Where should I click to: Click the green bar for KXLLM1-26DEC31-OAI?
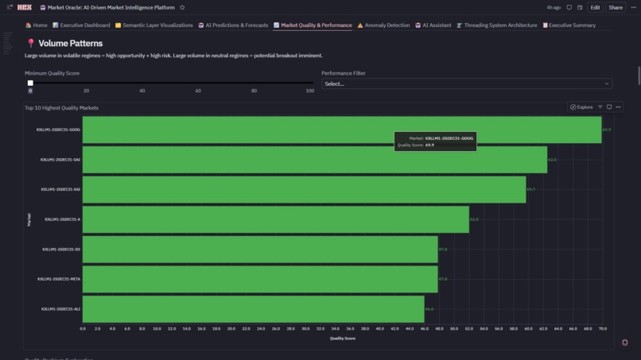(314, 160)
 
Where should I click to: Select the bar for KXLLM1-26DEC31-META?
(260, 279)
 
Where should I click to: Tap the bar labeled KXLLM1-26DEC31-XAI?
(304, 189)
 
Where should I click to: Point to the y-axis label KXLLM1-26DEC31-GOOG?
(58, 130)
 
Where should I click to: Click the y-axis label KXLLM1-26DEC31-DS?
(61, 250)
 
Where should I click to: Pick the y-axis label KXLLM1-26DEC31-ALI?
(60, 309)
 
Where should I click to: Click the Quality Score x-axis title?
(343, 339)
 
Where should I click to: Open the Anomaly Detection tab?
(383, 25)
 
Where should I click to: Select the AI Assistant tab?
(433, 25)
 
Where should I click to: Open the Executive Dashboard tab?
(81, 25)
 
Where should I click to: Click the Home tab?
(37, 25)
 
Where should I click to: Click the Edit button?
(595, 7)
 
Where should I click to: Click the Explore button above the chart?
(581, 107)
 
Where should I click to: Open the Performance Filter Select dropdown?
(467, 83)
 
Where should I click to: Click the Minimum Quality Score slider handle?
(30, 83)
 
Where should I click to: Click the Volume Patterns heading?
(70, 44)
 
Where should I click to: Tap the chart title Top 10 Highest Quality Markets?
(61, 107)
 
